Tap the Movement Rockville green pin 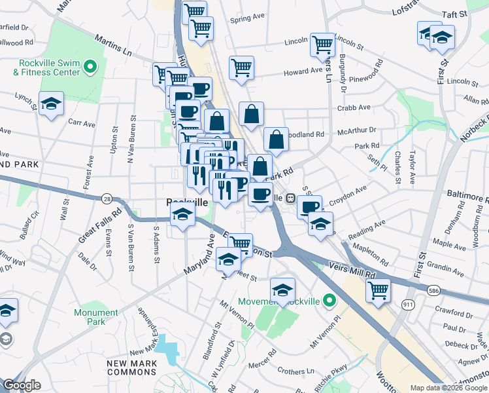(x=329, y=301)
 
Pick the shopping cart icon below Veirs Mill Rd (x=378, y=290)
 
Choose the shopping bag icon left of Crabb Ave (x=251, y=115)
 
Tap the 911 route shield (x=408, y=305)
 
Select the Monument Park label (x=96, y=317)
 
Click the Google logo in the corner (x=21, y=385)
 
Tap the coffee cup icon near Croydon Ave (x=309, y=206)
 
